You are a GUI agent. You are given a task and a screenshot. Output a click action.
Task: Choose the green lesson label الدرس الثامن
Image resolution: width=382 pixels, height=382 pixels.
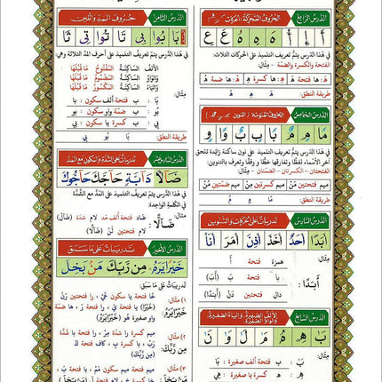(161, 17)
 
